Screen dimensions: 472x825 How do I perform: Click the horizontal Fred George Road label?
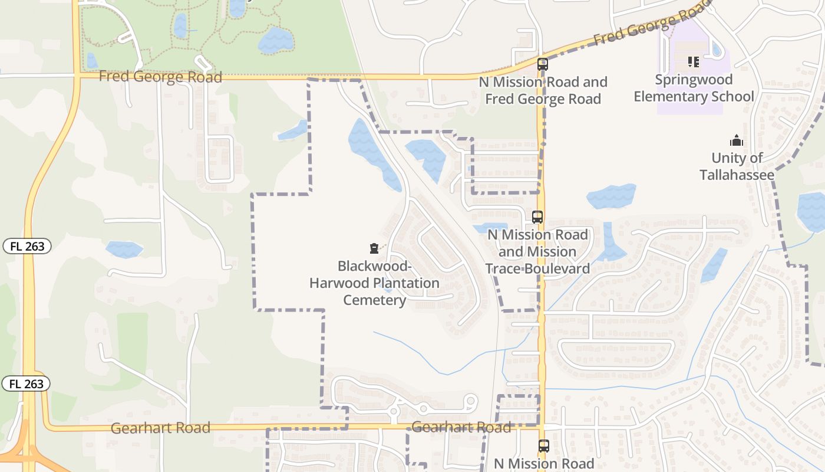[x=160, y=77]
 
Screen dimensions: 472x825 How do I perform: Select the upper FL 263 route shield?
[x=27, y=246]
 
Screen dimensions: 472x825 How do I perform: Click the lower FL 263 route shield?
[x=26, y=383]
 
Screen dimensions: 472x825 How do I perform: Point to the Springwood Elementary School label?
[x=694, y=88]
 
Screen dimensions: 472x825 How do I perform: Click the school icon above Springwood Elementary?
[x=694, y=61]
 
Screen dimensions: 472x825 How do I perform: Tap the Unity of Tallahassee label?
[x=737, y=166]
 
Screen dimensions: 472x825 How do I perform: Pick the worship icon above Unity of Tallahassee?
[x=737, y=140]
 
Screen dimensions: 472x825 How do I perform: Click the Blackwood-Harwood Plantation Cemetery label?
[x=375, y=283]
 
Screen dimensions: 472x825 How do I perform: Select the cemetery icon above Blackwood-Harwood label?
[x=374, y=248]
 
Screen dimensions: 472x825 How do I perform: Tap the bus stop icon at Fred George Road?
[x=543, y=64]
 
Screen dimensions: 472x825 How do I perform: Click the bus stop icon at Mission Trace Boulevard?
[x=537, y=217]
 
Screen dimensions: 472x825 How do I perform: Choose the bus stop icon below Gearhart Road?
[x=543, y=446]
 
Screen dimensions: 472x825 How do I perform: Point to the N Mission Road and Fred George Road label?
[x=543, y=90]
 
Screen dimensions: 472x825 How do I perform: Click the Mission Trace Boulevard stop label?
[x=537, y=252]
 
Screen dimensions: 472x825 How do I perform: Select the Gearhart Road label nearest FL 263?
[x=160, y=428]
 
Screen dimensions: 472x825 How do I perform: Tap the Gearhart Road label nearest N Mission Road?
[x=461, y=427]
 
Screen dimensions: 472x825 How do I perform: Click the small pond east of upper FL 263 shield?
[x=124, y=250]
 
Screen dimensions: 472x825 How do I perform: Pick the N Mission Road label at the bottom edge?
[x=543, y=464]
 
